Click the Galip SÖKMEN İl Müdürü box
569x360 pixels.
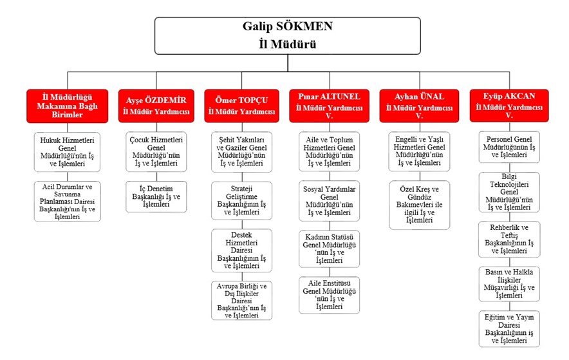coord(286,36)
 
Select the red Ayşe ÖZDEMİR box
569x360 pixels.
coord(156,106)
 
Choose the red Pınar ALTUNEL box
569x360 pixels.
coord(330,106)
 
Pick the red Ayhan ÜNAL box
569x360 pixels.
coord(418,106)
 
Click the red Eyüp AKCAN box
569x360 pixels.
coord(508,106)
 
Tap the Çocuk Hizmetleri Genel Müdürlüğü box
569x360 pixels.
coord(156,153)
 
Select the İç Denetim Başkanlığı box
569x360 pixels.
coord(156,196)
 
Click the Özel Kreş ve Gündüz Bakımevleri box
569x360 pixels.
coord(418,205)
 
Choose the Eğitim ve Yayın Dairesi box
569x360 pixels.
coord(508,328)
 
